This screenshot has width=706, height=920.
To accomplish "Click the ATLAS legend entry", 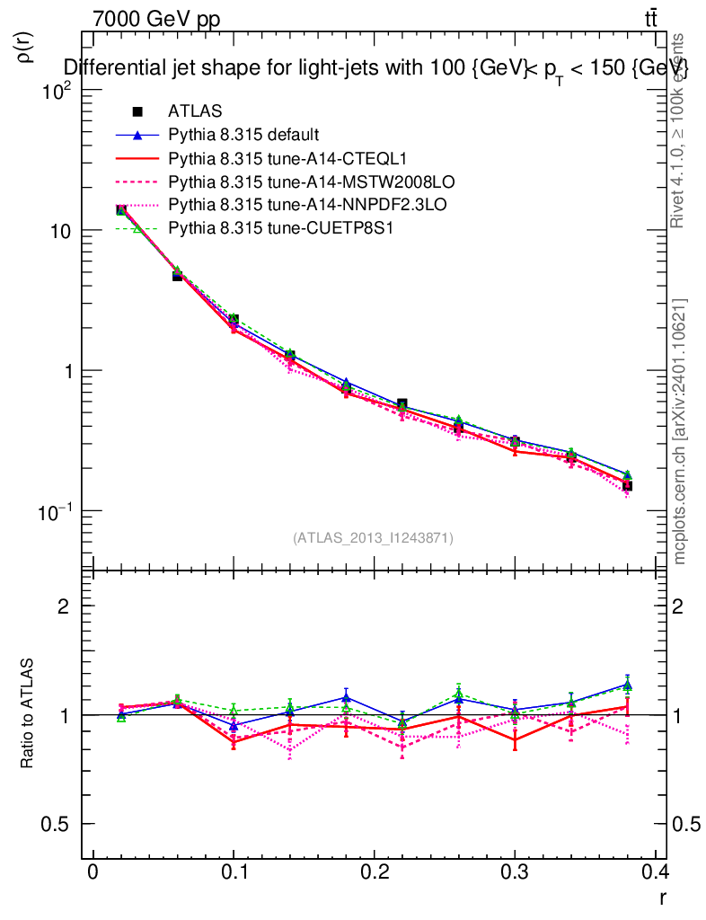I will click(189, 112).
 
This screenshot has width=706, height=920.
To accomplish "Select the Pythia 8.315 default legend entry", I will click(243, 136).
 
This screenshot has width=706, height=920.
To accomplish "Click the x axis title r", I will click(662, 898).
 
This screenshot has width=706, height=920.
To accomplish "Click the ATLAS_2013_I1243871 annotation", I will click(373, 538).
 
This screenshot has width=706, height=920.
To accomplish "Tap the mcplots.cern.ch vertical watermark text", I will click(680, 431).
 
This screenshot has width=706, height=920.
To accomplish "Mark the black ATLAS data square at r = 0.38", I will click(627, 486).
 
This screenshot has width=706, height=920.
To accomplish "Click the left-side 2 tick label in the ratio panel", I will click(64, 606).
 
